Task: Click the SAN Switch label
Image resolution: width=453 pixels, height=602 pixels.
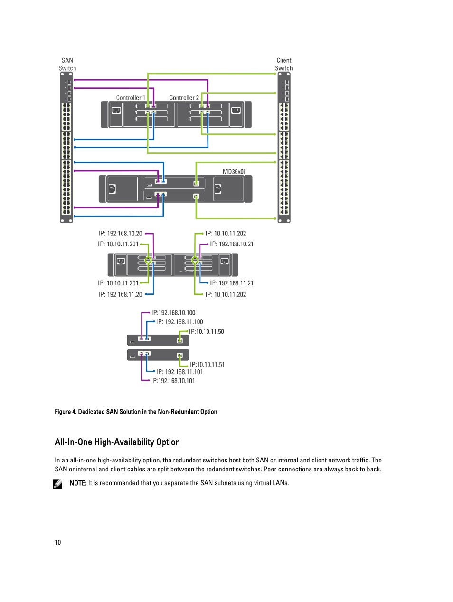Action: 67,64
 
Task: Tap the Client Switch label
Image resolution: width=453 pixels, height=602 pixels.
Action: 284,64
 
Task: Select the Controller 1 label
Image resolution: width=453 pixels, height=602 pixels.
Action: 131,98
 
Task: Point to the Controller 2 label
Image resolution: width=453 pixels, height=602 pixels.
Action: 184,98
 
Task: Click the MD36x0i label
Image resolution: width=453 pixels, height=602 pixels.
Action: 234,172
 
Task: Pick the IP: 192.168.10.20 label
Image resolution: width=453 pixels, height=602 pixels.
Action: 121,234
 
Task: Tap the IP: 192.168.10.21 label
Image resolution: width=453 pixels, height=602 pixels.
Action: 232,244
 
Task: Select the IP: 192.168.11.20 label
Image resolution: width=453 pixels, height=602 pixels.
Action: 121,294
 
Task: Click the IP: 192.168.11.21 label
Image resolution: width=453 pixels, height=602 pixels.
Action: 232,283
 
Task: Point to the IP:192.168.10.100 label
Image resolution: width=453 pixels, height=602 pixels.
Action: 173,313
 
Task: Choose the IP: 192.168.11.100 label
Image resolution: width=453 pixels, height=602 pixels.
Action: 179,322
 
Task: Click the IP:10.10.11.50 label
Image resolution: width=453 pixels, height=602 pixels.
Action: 207,331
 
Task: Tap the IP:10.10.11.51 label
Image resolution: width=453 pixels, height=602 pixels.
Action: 208,365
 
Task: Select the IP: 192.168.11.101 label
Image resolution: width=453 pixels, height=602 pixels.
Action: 179,372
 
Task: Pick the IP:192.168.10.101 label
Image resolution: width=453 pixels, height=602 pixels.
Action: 173,381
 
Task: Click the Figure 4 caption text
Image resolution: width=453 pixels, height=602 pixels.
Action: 136,412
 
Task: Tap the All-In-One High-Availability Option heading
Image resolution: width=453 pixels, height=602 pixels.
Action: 117,442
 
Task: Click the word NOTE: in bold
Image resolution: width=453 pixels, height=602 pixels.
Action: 78,483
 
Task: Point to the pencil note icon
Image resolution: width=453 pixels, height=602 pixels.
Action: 57,484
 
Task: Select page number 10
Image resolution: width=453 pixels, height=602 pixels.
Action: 58,542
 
